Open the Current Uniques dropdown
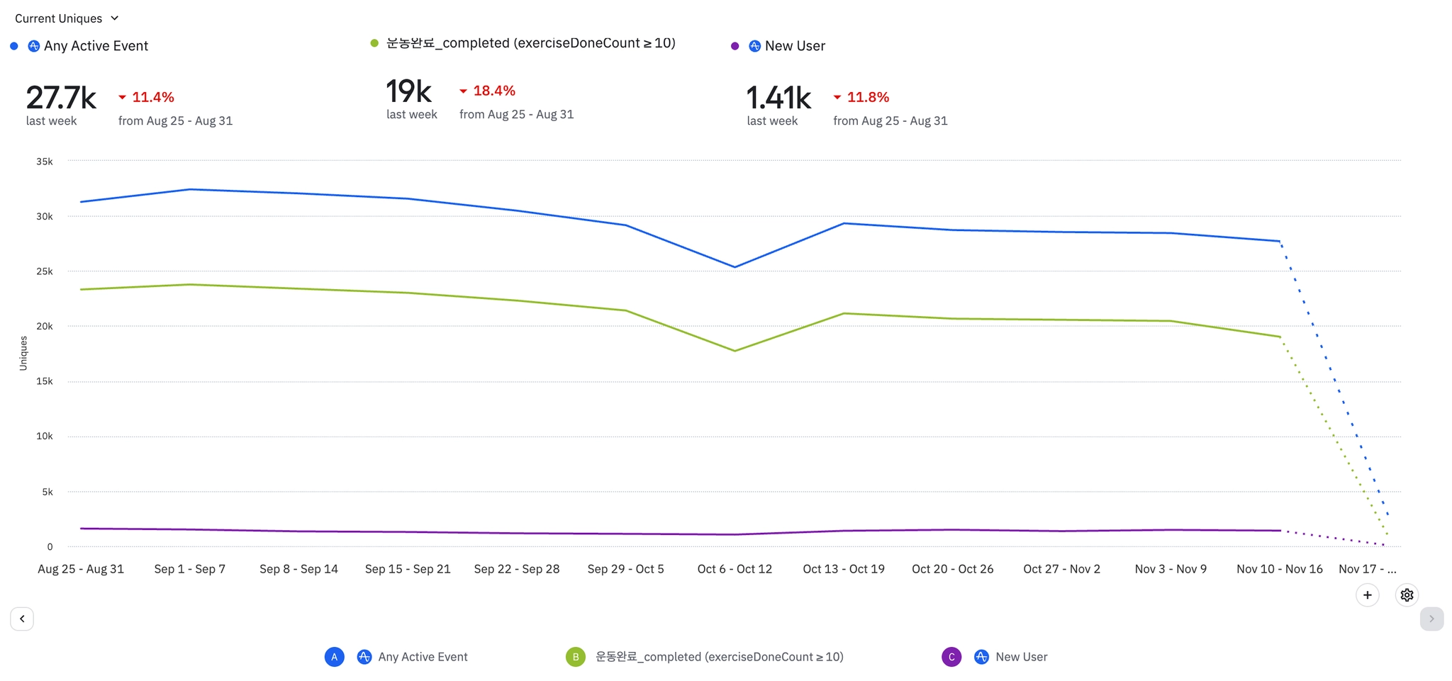click(67, 18)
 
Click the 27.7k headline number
click(61, 98)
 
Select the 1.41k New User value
click(778, 98)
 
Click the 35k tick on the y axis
click(45, 162)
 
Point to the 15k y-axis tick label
click(45, 381)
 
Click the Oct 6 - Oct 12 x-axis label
click(735, 569)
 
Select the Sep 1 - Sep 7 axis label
click(190, 569)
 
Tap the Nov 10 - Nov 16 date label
click(1280, 569)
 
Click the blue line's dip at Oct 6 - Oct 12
click(735, 267)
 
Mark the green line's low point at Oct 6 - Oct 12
click(735, 351)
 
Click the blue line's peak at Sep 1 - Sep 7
click(190, 189)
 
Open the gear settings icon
click(1407, 595)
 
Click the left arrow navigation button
click(22, 619)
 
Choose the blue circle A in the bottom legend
click(335, 657)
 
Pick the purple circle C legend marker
click(951, 657)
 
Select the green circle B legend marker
click(576, 657)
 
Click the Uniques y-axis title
click(23, 353)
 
